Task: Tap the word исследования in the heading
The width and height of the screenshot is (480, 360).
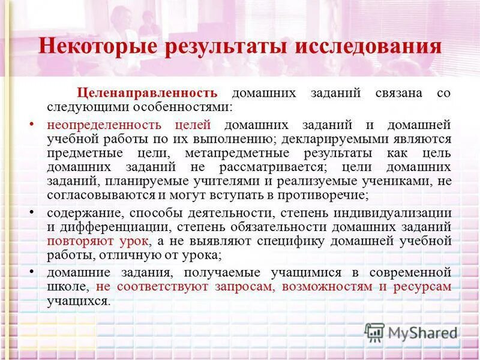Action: (368, 47)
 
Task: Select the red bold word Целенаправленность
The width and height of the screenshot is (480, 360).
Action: (146, 94)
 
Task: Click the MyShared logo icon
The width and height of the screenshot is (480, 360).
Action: (375, 332)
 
